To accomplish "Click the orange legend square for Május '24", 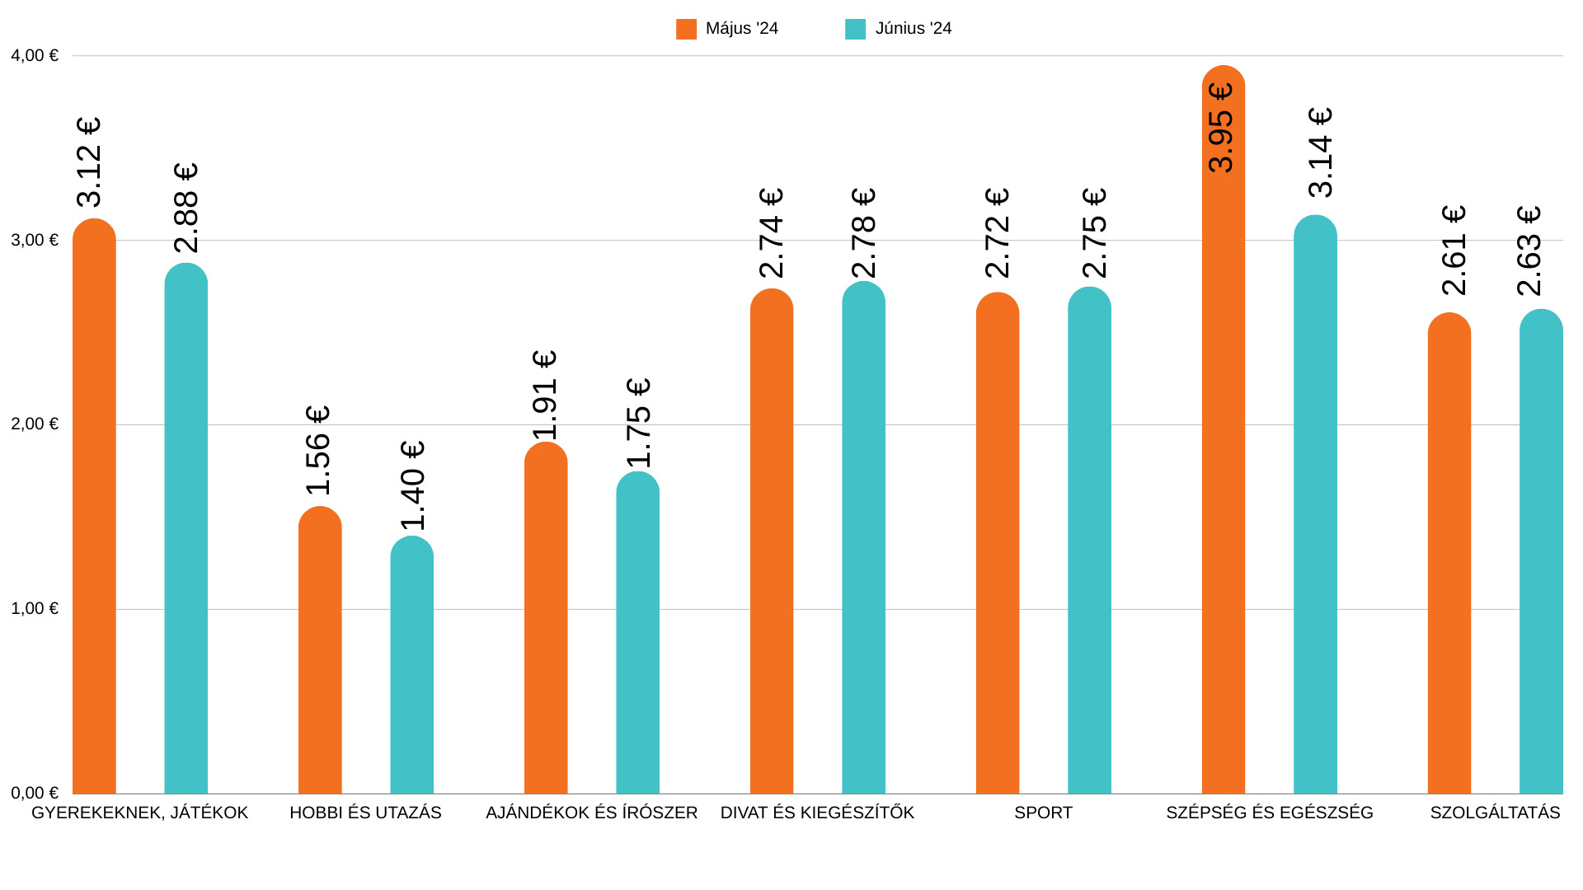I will [x=686, y=30].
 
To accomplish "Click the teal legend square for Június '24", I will [x=855, y=30].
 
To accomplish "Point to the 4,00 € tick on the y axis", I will [x=35, y=56].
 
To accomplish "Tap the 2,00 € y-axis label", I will [x=35, y=424].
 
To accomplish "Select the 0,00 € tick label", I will [x=35, y=793].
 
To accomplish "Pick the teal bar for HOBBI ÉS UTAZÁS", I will [x=411, y=667].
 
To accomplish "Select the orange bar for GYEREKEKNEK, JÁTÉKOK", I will [x=94, y=511].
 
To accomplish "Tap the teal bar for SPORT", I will [x=1089, y=544].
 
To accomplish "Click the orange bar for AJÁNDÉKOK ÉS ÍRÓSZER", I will [x=546, y=618].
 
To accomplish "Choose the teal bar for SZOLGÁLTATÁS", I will [x=1541, y=552].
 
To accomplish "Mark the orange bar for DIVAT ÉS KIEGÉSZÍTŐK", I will [x=772, y=544].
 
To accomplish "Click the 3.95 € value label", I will [x=1221, y=128].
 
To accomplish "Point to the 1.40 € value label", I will [x=412, y=485].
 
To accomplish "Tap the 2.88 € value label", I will [x=186, y=208].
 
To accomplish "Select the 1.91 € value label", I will [x=545, y=396].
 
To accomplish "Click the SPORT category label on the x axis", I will [x=1043, y=813].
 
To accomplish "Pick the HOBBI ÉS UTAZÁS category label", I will [x=365, y=813].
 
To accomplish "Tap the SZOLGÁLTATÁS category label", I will [x=1495, y=813].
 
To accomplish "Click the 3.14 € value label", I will [x=1320, y=152].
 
